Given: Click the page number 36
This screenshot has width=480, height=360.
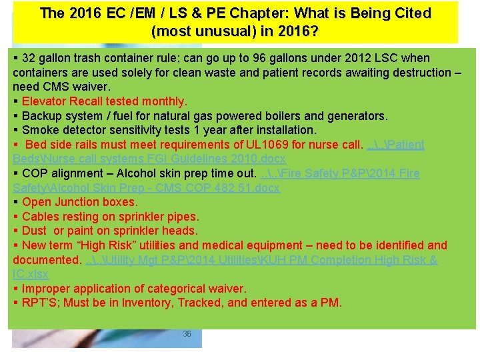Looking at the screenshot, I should tap(187, 333).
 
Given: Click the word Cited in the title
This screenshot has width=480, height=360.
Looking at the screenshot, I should tap(413, 13).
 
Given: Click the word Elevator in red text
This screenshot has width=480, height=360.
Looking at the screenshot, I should tap(43, 101).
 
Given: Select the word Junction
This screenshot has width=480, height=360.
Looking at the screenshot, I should tap(79, 202).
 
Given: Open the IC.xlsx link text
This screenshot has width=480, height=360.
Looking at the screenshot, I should tap(31, 274).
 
